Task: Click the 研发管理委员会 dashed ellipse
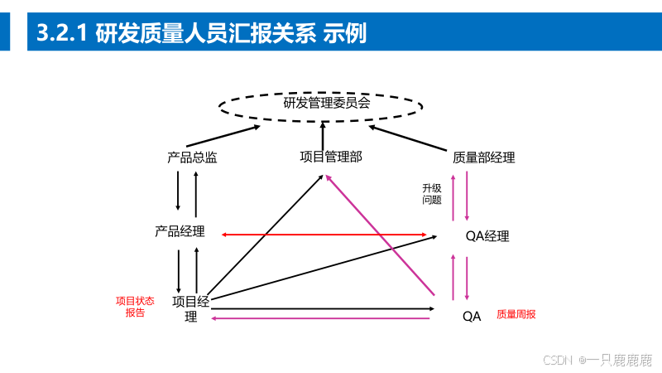321,104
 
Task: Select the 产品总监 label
192,157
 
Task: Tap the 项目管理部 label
331,155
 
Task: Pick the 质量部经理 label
484,157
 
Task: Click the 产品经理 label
180,231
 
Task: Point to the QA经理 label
487,236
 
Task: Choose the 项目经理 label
190,308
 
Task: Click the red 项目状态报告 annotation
135,307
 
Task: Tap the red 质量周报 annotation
516,314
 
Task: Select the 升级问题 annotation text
432,194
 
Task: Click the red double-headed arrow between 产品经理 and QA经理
331,235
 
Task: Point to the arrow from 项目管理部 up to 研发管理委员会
323,133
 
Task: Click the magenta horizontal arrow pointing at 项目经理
323,318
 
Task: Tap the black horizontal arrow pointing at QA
323,308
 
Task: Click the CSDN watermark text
597,360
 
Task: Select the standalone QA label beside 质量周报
472,316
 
